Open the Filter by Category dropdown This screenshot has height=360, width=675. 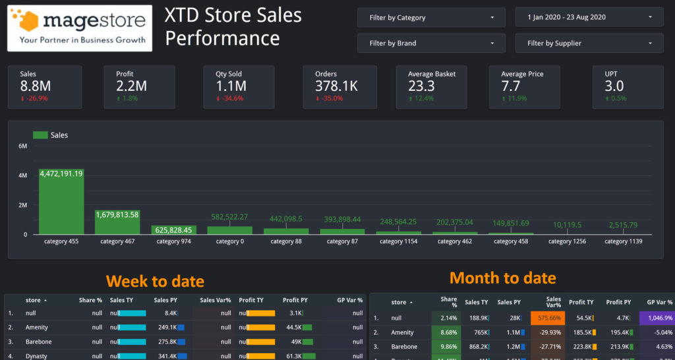click(x=431, y=18)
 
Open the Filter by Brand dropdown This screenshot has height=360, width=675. click(x=431, y=44)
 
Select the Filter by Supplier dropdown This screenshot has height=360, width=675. click(x=589, y=44)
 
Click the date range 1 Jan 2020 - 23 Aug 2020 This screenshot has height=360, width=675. click(x=589, y=18)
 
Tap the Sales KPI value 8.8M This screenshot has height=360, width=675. click(x=36, y=86)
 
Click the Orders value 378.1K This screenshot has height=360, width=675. click(x=336, y=86)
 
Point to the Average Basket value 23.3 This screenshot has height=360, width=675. click(x=421, y=86)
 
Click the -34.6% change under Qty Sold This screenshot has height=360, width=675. click(x=229, y=98)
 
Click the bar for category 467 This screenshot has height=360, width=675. click(x=117, y=222)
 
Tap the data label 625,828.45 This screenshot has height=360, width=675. click(x=173, y=230)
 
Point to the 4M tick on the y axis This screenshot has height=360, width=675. click(x=22, y=176)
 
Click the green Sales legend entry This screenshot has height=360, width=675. click(x=50, y=135)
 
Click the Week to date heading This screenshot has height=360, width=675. click(x=155, y=282)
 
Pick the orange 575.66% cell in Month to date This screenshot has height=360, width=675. click(x=548, y=318)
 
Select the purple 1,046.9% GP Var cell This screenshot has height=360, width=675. click(x=657, y=318)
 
